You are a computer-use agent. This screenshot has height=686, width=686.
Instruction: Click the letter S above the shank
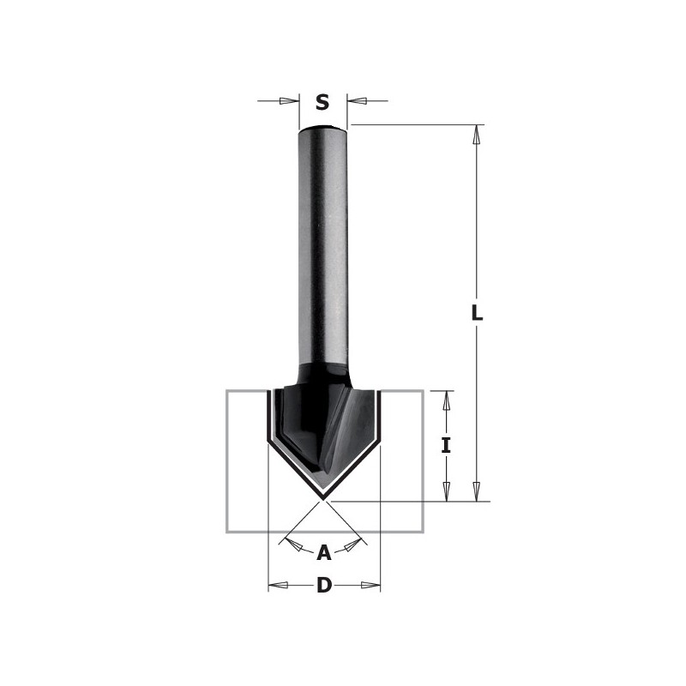click(x=322, y=103)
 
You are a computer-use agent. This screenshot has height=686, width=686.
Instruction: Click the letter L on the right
click(x=478, y=313)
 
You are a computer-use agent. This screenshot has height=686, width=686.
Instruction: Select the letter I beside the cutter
click(x=446, y=445)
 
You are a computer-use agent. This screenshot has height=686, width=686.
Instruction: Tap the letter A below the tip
click(x=324, y=553)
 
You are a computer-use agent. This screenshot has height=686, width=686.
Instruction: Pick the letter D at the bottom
click(x=324, y=586)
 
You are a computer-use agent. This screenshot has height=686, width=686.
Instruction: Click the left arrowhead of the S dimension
click(x=290, y=101)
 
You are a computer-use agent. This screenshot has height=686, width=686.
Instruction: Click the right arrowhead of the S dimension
click(x=357, y=101)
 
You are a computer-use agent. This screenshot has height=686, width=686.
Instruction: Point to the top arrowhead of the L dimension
click(x=478, y=134)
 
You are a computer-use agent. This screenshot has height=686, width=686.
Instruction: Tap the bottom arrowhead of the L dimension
click(x=478, y=492)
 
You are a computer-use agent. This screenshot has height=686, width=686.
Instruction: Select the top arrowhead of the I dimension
click(x=446, y=400)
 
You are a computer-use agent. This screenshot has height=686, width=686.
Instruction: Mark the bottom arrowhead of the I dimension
click(x=446, y=492)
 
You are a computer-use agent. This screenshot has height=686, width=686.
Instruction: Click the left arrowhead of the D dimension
click(x=278, y=586)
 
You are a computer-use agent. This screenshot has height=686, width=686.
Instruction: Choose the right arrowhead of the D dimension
click(x=370, y=586)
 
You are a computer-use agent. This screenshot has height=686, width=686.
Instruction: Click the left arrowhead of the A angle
click(x=291, y=545)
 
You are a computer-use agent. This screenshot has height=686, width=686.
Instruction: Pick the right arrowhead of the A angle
click(x=358, y=545)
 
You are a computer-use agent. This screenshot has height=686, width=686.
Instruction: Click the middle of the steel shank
click(x=323, y=249)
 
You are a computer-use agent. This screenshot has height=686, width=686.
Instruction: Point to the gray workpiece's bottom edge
click(x=324, y=532)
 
